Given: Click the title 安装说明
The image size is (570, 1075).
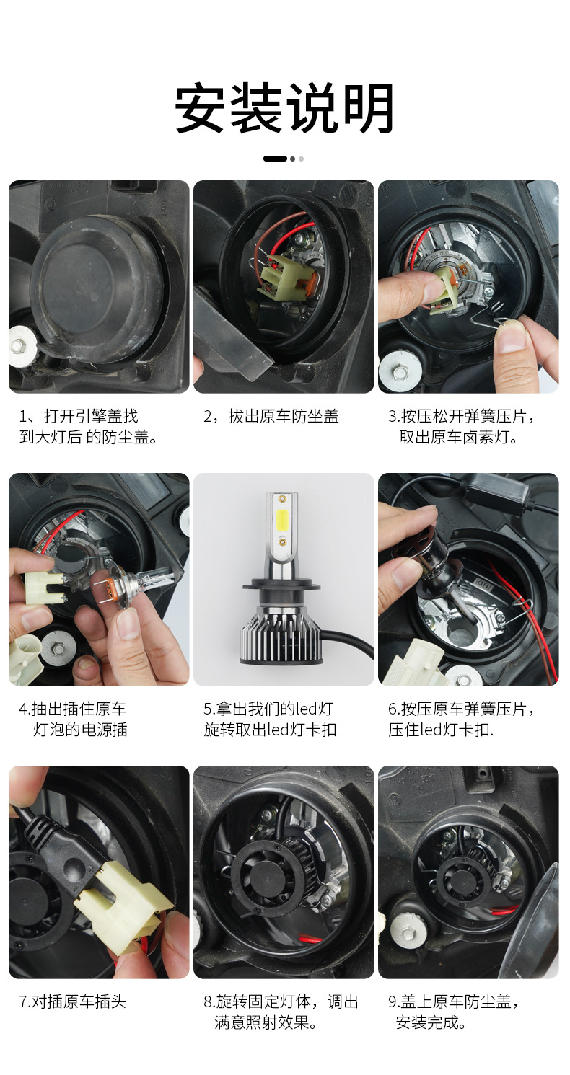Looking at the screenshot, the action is [x=284, y=108].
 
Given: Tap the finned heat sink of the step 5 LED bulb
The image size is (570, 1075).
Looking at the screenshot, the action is [x=279, y=635].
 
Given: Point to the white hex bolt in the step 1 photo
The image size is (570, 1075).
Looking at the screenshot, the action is [x=22, y=344].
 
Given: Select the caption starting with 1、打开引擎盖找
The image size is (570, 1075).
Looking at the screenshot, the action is [x=88, y=427].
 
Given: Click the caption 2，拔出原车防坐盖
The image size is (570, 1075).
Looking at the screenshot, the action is [x=271, y=417].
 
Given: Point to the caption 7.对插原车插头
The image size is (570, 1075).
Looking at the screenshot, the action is [x=72, y=1002].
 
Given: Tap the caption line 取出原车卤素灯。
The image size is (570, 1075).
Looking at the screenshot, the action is [x=458, y=437].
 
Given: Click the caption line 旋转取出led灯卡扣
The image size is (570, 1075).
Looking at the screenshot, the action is [x=270, y=730].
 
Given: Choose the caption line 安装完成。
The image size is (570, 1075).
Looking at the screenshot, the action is [x=431, y=1022].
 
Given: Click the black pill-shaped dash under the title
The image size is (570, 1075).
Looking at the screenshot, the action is [x=275, y=159].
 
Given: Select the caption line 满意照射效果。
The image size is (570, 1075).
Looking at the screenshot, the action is [x=266, y=1022].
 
